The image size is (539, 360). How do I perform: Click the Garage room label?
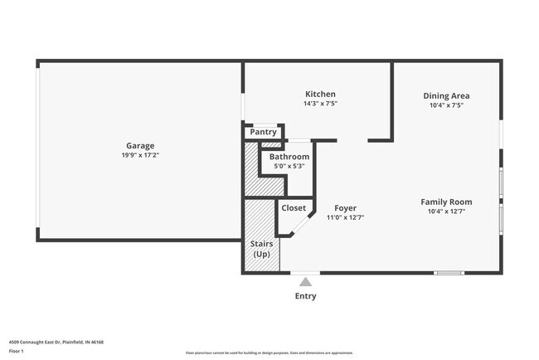(139, 145)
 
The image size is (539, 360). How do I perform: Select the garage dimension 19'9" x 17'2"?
(139, 155)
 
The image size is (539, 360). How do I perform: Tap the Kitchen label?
(320, 94)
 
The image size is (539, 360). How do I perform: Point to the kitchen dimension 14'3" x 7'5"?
(320, 104)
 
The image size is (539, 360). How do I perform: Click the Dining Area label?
(446, 95)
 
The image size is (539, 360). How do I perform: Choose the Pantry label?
(263, 132)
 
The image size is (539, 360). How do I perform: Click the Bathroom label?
(289, 156)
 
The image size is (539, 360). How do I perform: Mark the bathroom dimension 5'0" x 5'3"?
(289, 166)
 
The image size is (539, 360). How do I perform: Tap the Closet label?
(294, 208)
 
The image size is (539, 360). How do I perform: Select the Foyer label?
(345, 207)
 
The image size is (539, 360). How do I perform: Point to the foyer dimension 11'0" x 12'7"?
(345, 217)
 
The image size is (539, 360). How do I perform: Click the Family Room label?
(446, 202)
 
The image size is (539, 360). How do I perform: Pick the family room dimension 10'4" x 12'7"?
(446, 212)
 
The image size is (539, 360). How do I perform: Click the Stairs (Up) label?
(261, 249)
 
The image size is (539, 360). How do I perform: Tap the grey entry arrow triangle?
(305, 282)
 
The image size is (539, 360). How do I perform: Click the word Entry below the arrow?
(305, 296)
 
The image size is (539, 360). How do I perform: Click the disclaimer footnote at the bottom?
(269, 353)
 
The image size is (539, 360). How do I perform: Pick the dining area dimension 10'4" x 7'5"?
(446, 105)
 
